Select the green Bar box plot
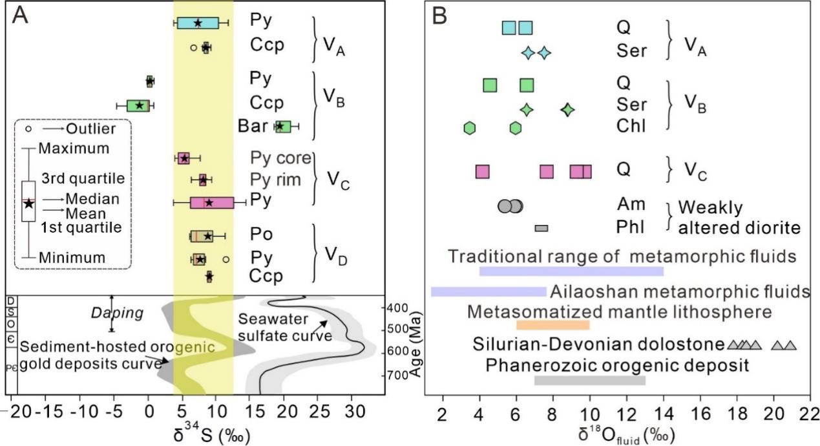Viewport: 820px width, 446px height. pos(283,127)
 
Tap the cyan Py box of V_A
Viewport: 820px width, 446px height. pos(198,23)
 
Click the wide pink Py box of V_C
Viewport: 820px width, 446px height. pos(211,202)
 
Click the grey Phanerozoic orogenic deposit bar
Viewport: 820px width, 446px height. pos(589,380)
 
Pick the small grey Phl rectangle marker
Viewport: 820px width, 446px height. pos(541,228)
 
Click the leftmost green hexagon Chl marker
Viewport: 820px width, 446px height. pos(470,127)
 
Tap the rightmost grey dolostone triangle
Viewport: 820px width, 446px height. pos(790,345)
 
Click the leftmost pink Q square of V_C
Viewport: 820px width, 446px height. pos(482,171)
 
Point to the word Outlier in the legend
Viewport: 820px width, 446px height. pos(90,129)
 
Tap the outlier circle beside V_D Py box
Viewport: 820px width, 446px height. pos(226,259)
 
